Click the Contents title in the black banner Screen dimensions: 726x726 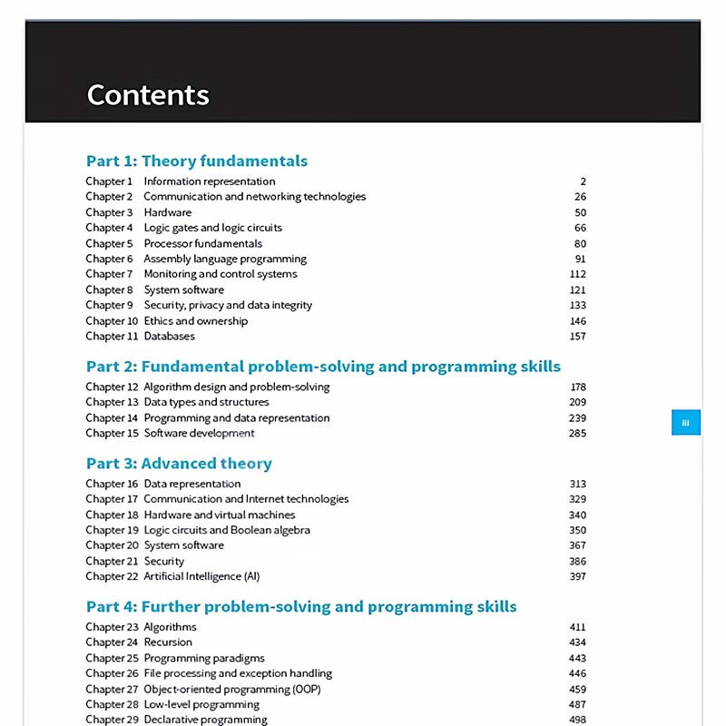coord(148,95)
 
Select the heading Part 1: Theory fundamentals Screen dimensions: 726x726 coord(197,161)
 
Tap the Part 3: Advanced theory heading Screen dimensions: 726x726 coord(179,464)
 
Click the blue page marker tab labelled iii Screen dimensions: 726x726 coord(686,422)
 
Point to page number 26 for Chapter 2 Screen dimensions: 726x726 coord(580,197)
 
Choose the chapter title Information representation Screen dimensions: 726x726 coord(209,181)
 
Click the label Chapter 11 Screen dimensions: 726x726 coord(112,337)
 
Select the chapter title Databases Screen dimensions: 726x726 coord(169,337)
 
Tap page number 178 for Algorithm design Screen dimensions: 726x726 coord(578,388)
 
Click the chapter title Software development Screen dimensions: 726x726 coord(199,434)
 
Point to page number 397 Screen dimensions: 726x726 coord(577,576)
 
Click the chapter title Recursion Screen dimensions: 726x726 coord(168,643)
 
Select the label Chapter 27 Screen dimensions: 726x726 coord(112,689)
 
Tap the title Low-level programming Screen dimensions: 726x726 coord(201,705)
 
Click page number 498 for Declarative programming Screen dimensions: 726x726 coord(577,721)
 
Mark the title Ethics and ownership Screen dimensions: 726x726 coord(195,321)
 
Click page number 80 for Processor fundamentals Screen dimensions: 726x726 coord(580,243)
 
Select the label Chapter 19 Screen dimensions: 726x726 coord(112,530)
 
